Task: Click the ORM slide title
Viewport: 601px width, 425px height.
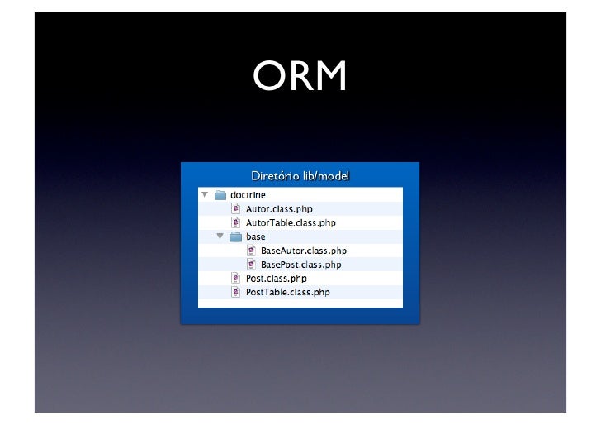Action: [300, 78]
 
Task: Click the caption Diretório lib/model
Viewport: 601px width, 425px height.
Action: [300, 176]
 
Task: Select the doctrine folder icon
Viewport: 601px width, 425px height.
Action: [220, 195]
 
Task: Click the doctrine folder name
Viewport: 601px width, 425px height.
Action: [247, 195]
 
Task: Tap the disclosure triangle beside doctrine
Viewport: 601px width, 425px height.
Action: [205, 195]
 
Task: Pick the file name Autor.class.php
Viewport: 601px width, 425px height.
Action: [279, 209]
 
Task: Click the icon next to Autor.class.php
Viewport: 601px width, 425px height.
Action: [235, 209]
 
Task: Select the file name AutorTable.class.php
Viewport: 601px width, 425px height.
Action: [291, 223]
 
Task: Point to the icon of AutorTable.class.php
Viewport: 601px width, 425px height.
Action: [235, 223]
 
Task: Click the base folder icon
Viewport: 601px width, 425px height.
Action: [234, 236]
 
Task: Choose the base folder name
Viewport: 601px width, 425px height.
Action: [256, 237]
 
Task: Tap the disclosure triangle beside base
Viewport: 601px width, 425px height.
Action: [220, 236]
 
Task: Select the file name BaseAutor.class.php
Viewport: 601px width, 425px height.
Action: [303, 251]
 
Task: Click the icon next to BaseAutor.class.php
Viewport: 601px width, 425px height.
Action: [250, 251]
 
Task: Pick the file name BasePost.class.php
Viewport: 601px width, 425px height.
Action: [300, 265]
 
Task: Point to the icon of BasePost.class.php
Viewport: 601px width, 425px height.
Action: [250, 265]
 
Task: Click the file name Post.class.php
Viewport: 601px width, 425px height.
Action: [276, 279]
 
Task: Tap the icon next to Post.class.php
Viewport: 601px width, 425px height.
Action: [235, 279]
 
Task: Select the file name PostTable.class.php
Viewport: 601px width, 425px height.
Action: [287, 293]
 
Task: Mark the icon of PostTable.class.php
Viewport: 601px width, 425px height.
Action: [235, 293]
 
